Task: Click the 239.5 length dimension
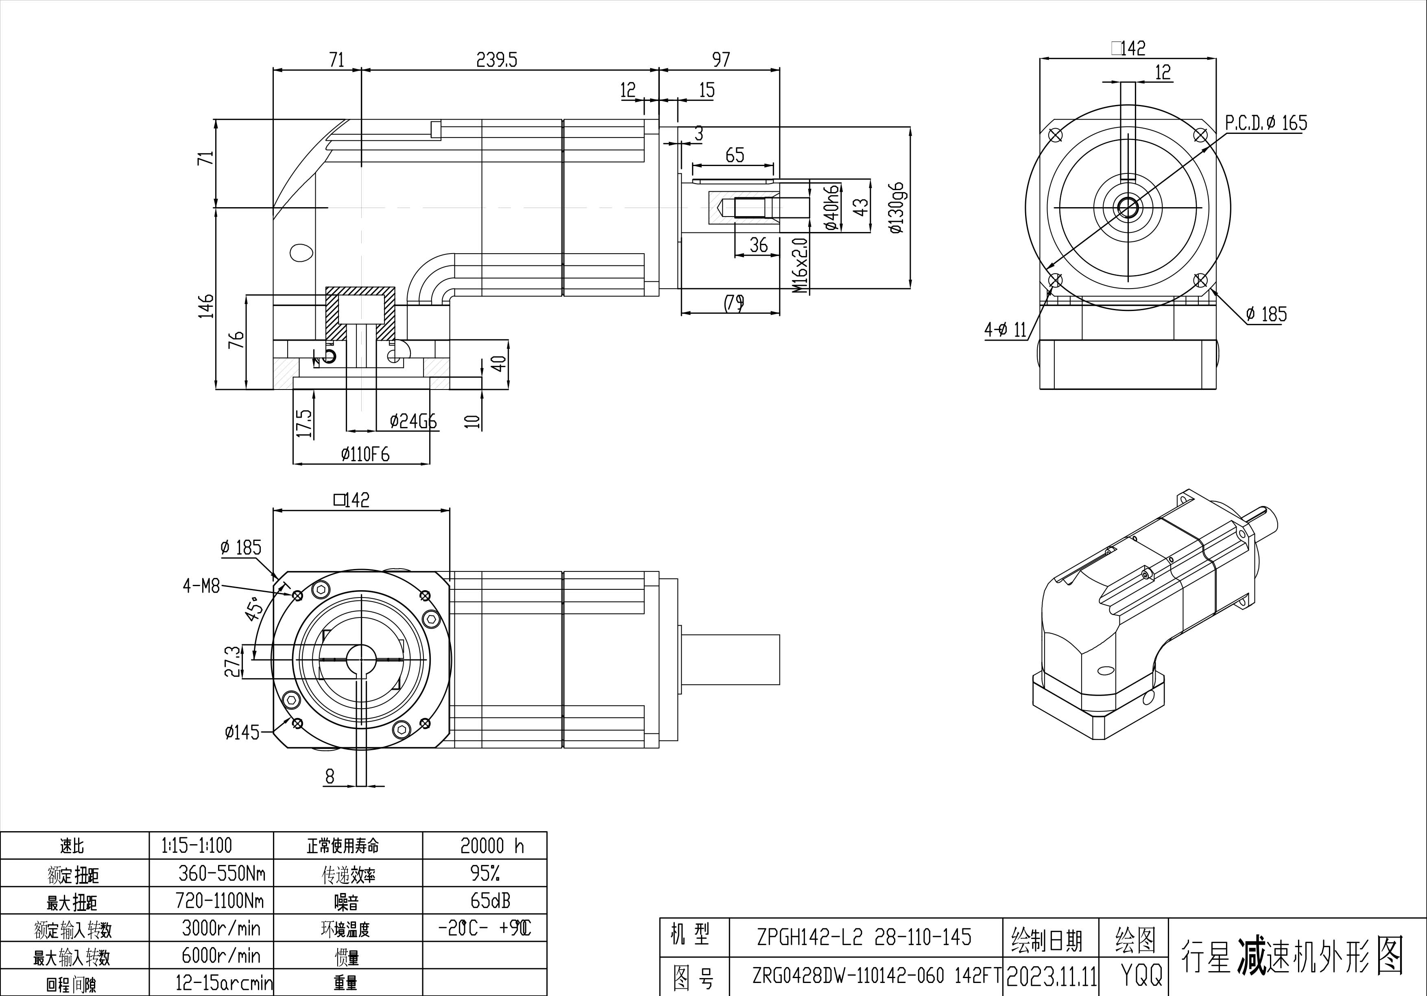coord(497,60)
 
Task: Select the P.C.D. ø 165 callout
coord(1266,123)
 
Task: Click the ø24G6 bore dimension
coord(413,422)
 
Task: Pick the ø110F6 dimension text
coord(365,455)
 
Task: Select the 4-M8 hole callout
coord(201,586)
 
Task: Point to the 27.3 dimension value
coord(232,661)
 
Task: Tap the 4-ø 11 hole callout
coord(1005,330)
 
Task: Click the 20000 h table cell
coord(492,845)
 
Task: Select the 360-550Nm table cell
coord(221,873)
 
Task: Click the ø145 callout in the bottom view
coord(242,732)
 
